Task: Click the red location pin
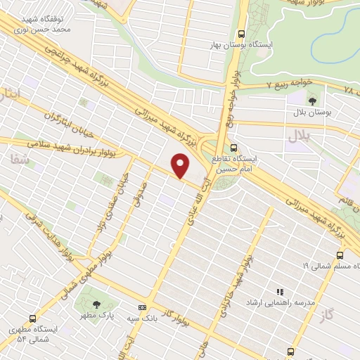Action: coord(181,165)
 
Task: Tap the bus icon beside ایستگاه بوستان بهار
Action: coord(242,34)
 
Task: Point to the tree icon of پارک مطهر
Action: coord(96,304)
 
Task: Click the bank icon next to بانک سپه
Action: coord(143,307)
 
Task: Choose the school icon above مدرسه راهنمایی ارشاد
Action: coord(279,291)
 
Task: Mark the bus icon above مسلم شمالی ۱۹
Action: coord(340,255)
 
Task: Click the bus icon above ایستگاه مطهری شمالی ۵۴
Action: coord(32,318)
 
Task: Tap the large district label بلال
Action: coord(304,137)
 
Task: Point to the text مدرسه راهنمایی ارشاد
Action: coord(269,302)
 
